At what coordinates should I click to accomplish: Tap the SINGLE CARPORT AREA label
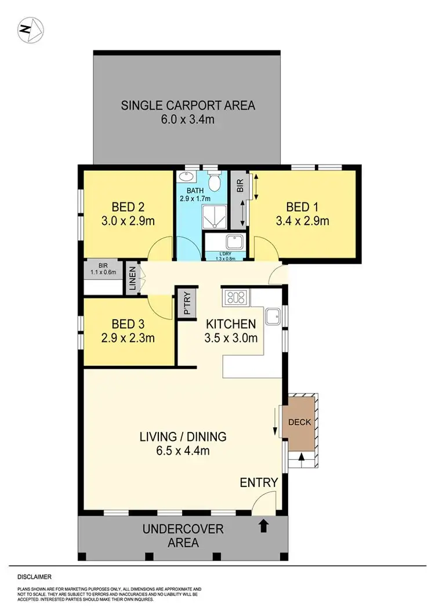click(187, 105)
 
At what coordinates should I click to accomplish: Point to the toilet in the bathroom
click(214, 183)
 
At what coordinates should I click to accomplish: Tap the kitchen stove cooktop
click(235, 297)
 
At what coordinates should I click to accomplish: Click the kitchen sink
click(271, 315)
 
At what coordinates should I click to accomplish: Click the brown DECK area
click(299, 422)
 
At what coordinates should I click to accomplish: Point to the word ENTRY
click(259, 482)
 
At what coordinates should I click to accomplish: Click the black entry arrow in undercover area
click(263, 526)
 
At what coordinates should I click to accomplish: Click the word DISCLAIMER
click(34, 577)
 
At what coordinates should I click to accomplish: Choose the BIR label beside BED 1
click(239, 185)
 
